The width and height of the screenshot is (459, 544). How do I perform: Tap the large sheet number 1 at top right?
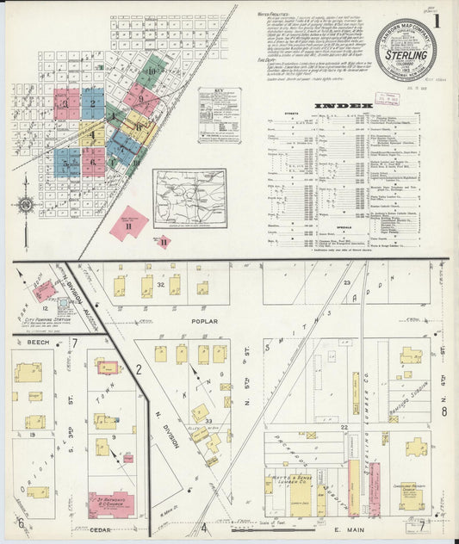click(440, 18)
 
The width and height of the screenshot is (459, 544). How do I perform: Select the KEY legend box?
click(219, 112)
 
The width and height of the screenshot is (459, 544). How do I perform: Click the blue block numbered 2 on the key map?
click(92, 104)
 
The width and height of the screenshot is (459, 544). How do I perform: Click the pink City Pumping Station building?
click(64, 304)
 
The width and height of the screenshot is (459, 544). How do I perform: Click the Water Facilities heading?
click(276, 15)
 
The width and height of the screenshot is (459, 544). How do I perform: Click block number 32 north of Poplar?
click(161, 284)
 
